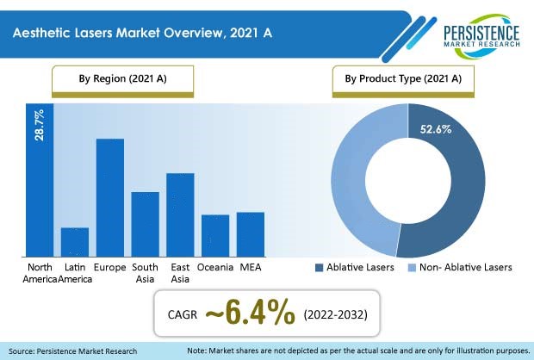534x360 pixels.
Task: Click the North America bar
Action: point(40,180)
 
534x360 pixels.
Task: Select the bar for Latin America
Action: point(75,242)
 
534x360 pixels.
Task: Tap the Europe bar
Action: point(110,197)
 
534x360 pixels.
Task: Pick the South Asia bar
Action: point(145,224)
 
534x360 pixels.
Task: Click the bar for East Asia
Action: point(180,214)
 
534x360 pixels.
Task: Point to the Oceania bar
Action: point(215,236)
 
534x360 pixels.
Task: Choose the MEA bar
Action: point(251,234)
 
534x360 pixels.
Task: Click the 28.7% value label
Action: point(39,125)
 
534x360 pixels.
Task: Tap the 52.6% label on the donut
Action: point(436,129)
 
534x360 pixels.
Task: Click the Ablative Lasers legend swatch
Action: point(319,268)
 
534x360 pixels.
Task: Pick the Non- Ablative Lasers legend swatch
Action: point(412,268)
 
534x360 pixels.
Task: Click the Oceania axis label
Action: point(215,267)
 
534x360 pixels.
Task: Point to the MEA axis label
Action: point(251,267)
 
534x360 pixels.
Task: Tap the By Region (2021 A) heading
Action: point(122,78)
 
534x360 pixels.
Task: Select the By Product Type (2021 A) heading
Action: point(403,78)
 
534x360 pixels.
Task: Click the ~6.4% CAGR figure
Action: point(250,313)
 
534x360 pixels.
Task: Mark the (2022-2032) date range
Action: point(335,314)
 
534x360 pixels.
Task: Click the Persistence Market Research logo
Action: point(481,36)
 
